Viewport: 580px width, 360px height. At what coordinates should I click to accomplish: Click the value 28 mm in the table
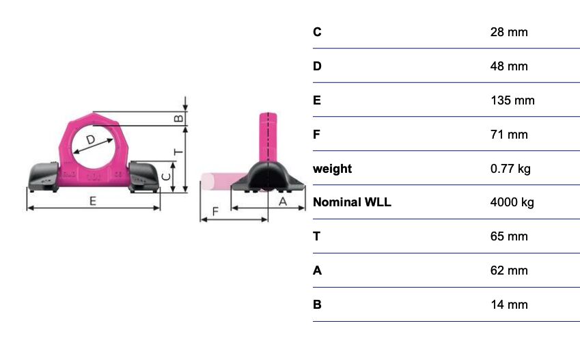[x=509, y=32]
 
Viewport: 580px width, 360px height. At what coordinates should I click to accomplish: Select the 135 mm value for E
[x=512, y=100]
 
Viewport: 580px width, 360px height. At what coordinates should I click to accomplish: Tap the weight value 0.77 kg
[x=510, y=169]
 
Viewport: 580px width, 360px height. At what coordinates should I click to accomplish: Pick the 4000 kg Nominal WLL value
[x=512, y=202]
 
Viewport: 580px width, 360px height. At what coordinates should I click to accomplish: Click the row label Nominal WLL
[x=352, y=202]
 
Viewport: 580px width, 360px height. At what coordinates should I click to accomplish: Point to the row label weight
[x=332, y=169]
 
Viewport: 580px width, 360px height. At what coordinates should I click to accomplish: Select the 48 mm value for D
[x=509, y=66]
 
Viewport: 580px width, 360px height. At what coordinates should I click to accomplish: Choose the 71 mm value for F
[x=509, y=135]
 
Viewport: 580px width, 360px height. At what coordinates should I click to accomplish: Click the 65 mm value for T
[x=509, y=236]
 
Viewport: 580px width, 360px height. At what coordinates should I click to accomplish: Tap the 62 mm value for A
[x=509, y=271]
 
